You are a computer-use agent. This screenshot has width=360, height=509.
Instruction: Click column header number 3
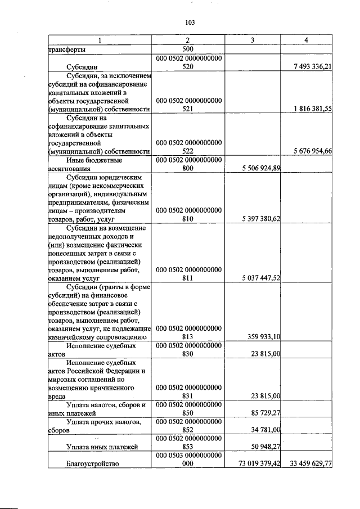[x=253, y=41]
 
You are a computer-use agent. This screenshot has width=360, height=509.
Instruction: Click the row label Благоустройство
[x=92, y=464]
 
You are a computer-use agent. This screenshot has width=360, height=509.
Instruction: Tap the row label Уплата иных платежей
[x=101, y=447]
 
